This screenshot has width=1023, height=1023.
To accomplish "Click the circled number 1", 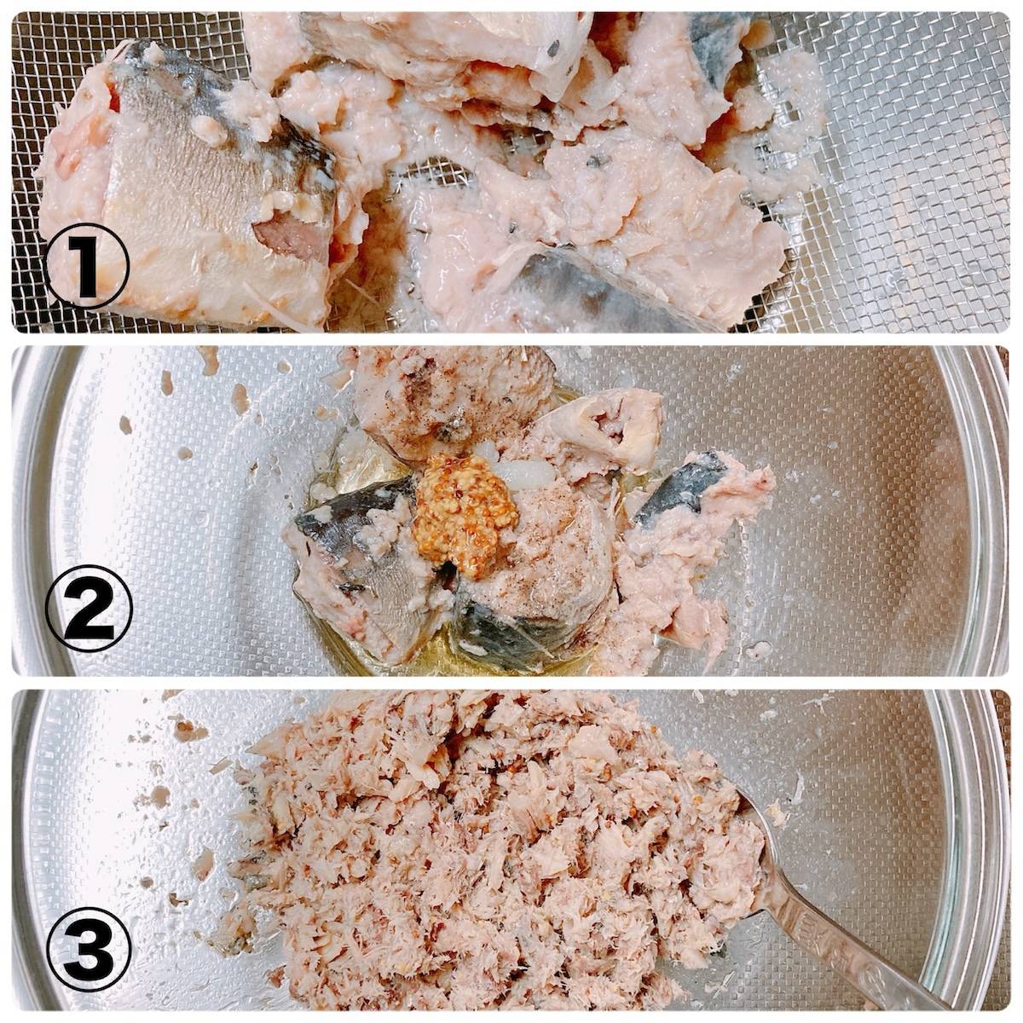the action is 88,266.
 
